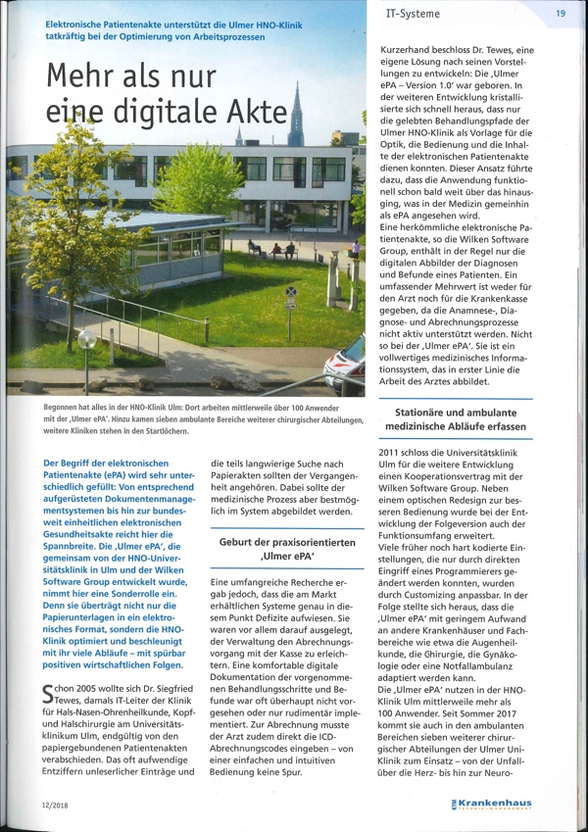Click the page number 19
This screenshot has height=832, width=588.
[561, 14]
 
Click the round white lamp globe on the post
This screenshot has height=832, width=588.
[87, 340]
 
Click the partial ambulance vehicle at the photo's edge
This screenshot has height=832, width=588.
[349, 367]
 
